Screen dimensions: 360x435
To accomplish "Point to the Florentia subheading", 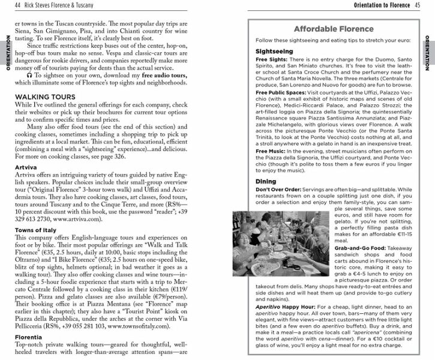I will point(26,338).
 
